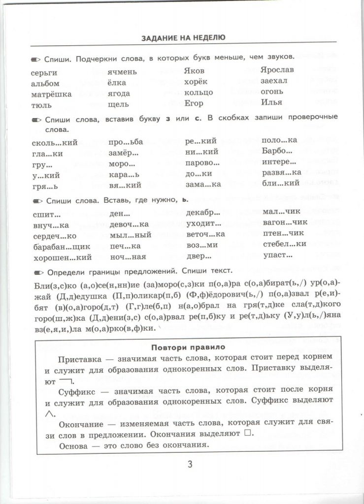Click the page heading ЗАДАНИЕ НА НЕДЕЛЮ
(x=183, y=38)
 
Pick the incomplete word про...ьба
(x=126, y=142)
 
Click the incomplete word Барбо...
(x=277, y=152)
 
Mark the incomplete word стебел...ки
(x=285, y=245)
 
